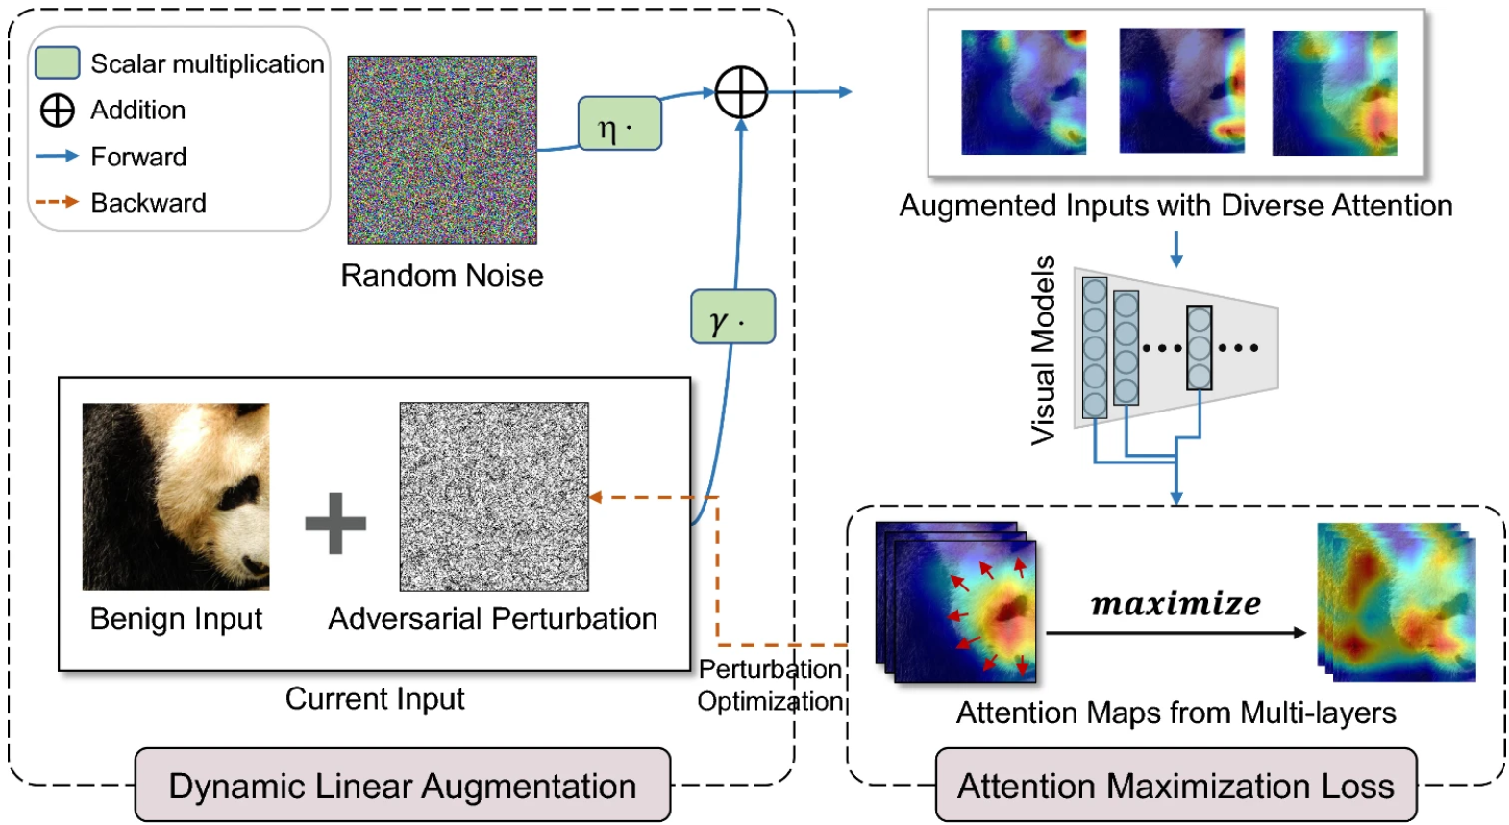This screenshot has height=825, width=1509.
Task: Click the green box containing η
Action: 620,123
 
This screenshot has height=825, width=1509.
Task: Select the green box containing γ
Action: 733,316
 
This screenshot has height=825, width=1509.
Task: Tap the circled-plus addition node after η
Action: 741,92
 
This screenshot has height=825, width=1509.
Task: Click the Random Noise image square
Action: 442,150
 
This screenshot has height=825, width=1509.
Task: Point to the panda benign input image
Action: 176,497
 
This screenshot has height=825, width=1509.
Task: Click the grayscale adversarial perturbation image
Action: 494,497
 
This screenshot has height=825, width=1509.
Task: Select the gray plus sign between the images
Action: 335,523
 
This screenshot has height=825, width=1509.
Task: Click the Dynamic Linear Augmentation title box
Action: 403,786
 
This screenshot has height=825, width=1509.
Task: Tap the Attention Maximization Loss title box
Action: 1176,786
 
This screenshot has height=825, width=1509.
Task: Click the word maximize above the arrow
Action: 1176,603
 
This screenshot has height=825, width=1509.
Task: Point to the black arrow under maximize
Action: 1176,633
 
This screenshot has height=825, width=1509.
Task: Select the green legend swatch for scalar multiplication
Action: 58,62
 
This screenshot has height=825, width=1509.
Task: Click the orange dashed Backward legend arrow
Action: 58,202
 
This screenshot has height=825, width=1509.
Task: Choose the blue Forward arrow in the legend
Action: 58,156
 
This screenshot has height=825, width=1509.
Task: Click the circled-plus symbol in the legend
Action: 58,111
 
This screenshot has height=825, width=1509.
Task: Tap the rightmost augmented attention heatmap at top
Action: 1334,93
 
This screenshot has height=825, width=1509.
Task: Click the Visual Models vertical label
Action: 1044,350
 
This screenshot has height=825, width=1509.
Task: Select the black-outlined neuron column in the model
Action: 1200,348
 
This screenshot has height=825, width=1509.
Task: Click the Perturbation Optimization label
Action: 770,685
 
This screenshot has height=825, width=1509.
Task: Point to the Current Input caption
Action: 375,699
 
